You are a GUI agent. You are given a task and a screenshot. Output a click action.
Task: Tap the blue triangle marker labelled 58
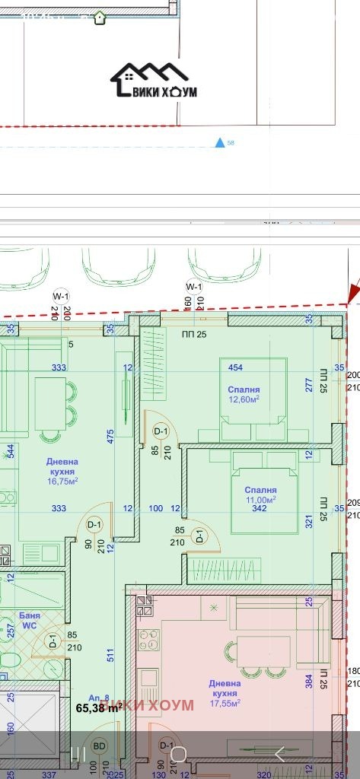(x=220, y=142)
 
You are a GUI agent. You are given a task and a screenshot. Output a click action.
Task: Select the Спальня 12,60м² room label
(x=244, y=394)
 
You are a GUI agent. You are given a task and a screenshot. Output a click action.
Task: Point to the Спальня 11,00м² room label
(x=260, y=495)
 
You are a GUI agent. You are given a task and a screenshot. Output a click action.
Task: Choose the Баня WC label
(x=29, y=620)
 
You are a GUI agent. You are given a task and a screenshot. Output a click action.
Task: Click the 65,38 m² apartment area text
(x=99, y=707)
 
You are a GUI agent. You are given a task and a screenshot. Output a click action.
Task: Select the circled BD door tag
(x=99, y=746)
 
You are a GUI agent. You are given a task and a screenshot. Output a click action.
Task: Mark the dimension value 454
(x=235, y=368)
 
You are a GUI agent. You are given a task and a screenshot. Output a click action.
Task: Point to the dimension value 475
(x=111, y=436)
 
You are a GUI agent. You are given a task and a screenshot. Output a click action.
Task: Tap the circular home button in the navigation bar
(x=178, y=754)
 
